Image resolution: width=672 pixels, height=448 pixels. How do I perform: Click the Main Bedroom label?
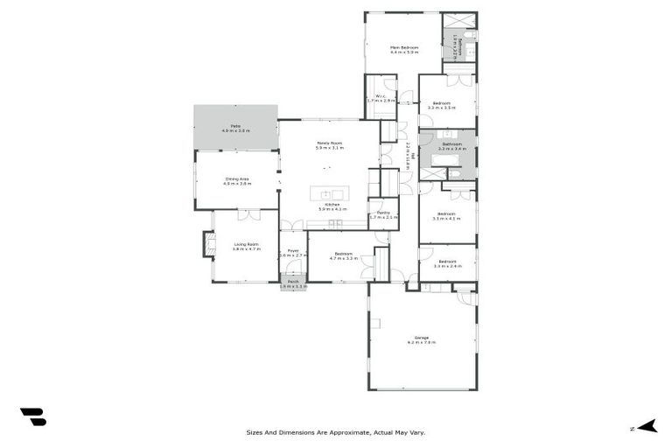point(404,47)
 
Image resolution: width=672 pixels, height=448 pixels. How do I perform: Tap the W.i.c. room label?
point(381,96)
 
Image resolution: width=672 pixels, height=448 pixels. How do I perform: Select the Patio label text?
point(235,126)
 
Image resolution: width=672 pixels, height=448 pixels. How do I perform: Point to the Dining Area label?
point(237,179)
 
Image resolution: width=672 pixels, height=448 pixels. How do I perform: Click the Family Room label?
point(329,143)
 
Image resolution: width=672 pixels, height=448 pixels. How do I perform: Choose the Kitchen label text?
point(333,205)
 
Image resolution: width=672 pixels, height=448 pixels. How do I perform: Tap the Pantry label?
point(383,213)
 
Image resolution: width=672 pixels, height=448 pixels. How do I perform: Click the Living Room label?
point(245,244)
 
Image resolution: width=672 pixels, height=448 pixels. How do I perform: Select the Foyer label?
point(293,250)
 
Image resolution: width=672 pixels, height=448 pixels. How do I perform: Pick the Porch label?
point(293,281)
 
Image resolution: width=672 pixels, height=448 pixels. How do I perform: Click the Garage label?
point(421,337)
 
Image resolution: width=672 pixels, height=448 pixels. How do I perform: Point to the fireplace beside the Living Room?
point(209,244)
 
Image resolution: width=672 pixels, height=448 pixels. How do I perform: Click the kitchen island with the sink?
point(332,194)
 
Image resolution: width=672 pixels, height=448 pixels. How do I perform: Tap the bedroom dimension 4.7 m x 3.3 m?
point(342,258)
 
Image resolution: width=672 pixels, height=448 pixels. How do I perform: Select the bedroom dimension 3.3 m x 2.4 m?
point(447,266)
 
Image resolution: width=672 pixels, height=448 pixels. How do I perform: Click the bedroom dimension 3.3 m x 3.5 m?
point(447,108)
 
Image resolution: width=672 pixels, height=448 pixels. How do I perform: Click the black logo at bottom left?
point(33,417)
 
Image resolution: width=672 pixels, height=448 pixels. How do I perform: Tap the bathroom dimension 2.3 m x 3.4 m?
point(452,149)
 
